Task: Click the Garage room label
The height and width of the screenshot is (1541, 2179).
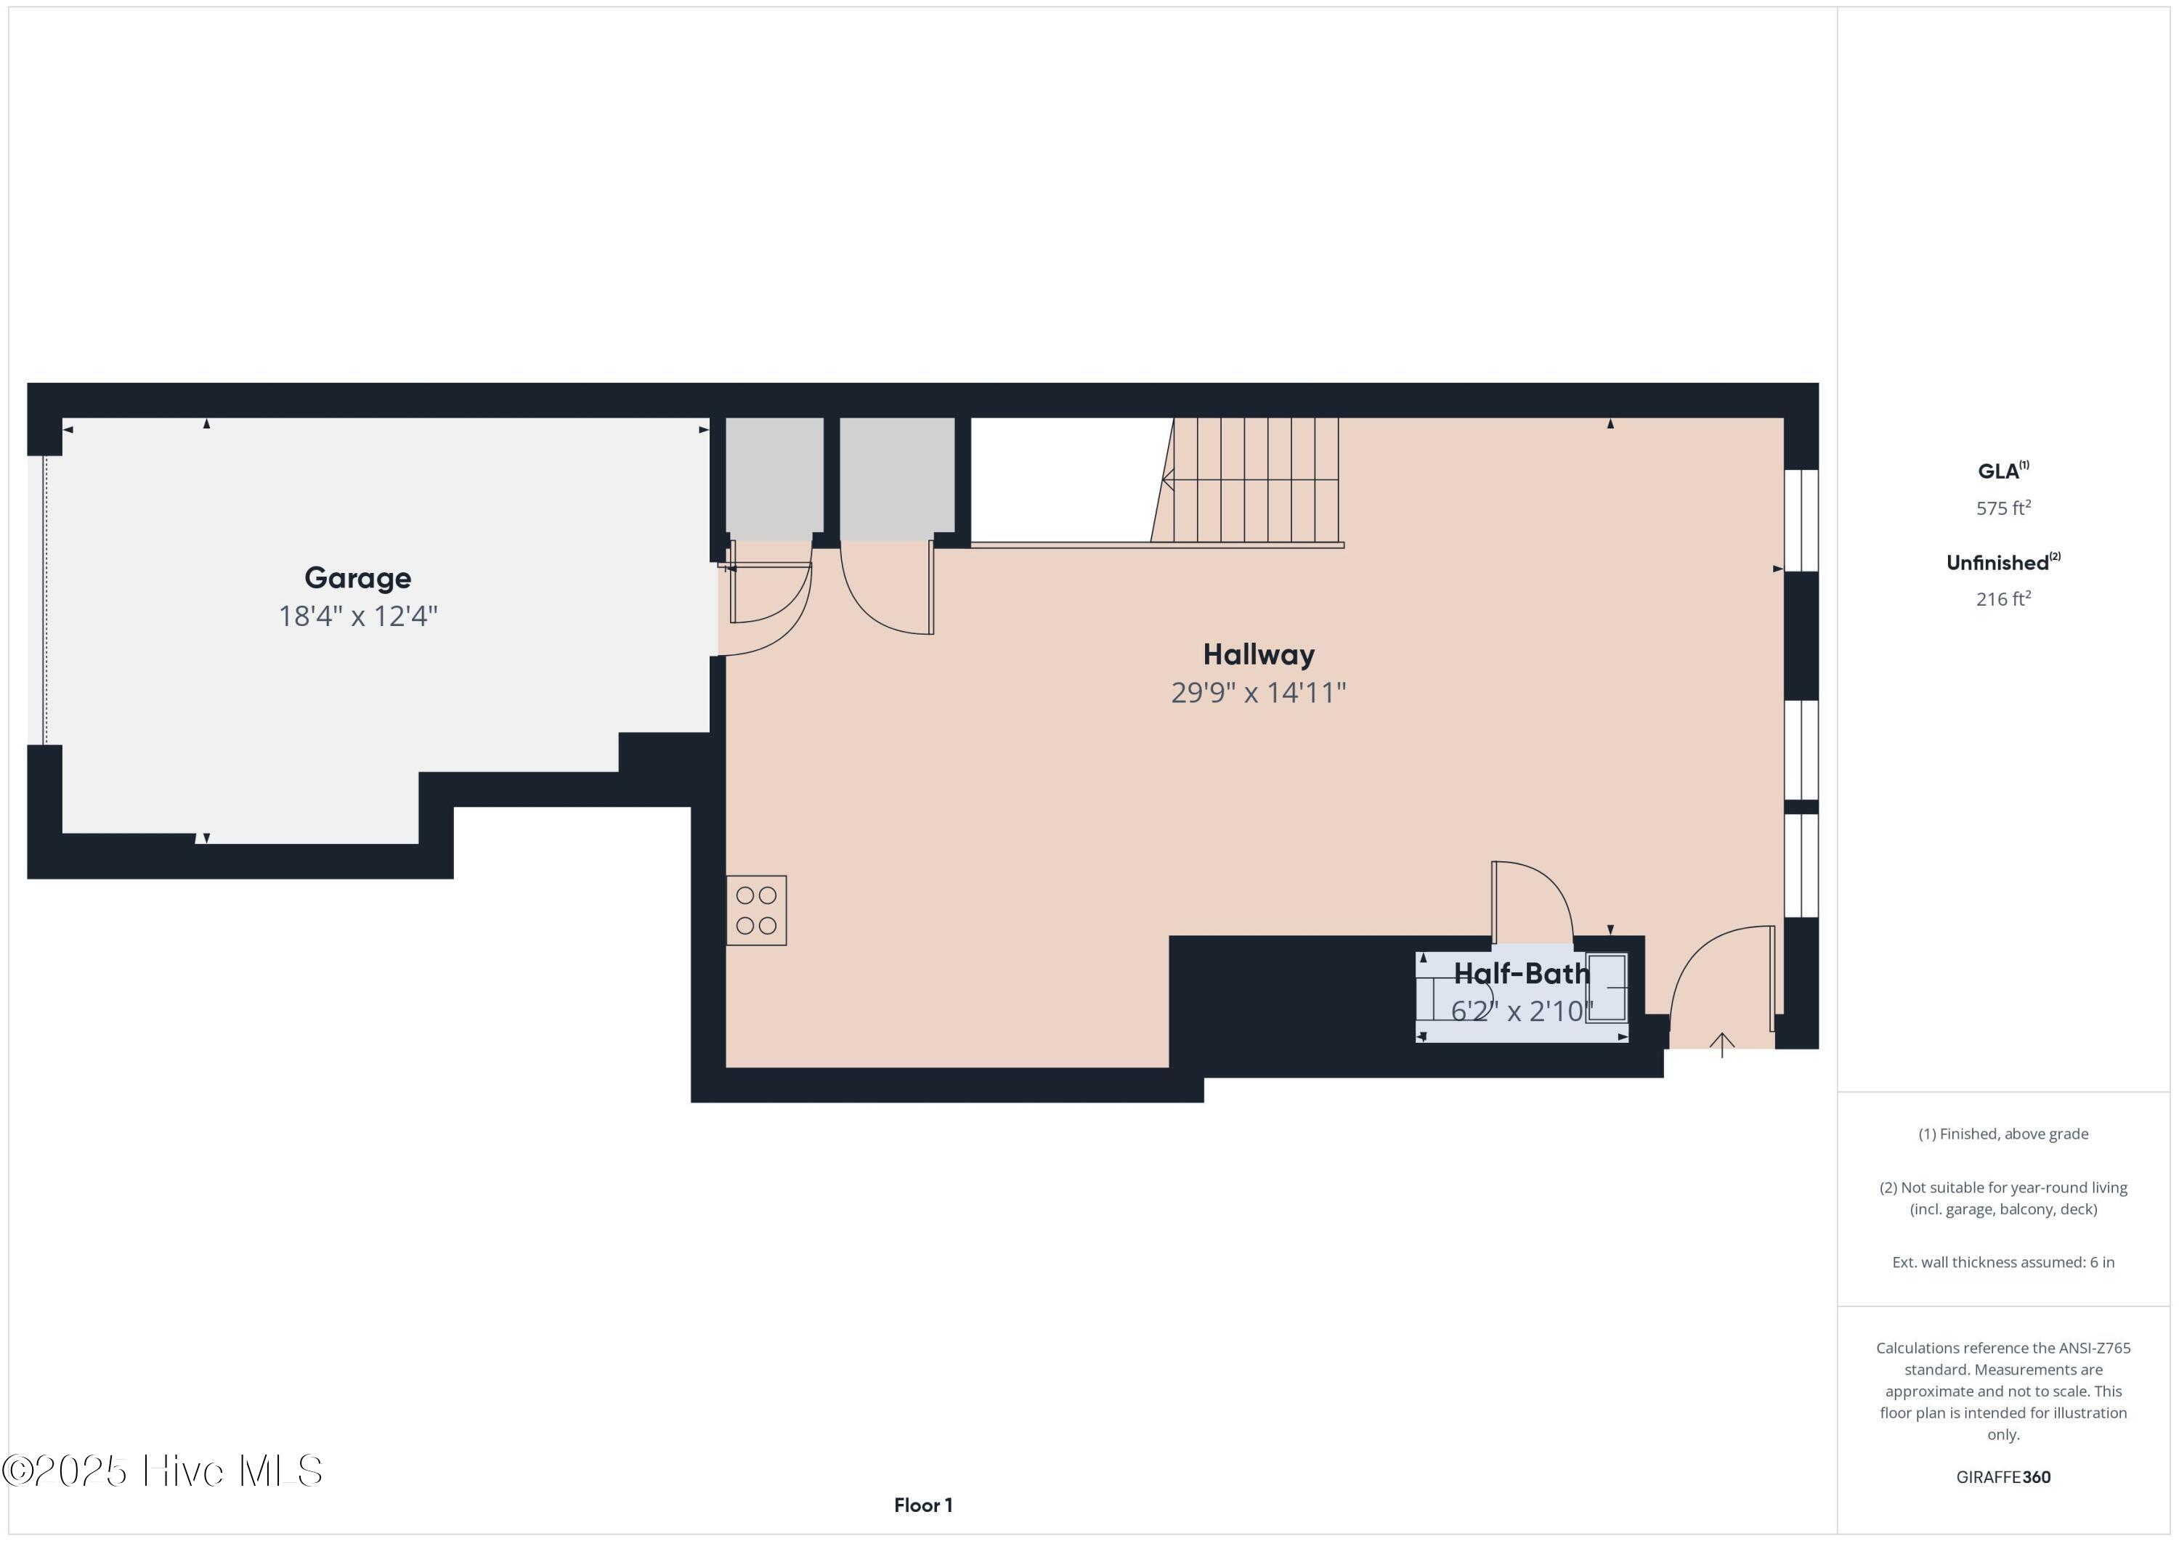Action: (x=358, y=578)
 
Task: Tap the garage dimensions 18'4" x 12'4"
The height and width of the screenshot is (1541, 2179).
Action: (x=358, y=617)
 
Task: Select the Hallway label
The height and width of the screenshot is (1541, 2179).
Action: (x=1259, y=655)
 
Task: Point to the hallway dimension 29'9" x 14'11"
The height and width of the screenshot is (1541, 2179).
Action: (x=1259, y=693)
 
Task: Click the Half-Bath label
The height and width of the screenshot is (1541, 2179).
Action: (x=1522, y=974)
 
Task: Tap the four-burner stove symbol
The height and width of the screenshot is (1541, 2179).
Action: (x=756, y=910)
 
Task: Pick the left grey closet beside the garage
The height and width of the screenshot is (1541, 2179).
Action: (x=774, y=474)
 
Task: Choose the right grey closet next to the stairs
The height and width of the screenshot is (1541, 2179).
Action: (x=897, y=474)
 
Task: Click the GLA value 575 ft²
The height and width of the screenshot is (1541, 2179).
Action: (x=2003, y=508)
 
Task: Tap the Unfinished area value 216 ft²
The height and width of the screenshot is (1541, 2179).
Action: (x=2003, y=598)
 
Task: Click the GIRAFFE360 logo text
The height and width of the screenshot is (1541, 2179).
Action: (x=2003, y=1476)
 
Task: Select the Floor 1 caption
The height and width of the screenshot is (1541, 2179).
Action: (x=922, y=1505)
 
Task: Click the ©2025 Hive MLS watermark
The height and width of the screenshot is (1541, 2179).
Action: (x=161, y=1471)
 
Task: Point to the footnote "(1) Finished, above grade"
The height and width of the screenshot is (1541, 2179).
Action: (x=2003, y=1134)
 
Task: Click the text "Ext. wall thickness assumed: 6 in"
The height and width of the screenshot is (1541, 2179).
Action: (x=2003, y=1262)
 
